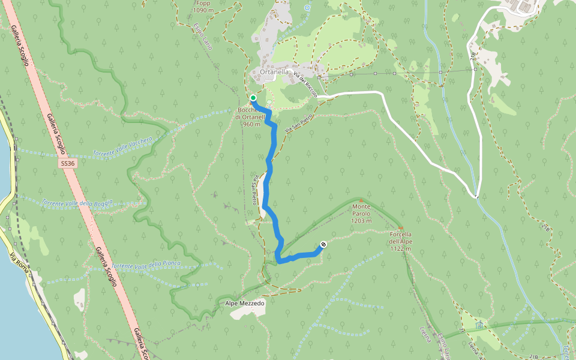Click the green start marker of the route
tap(253, 98)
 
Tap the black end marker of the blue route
tap(323, 244)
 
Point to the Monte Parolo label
tap(361, 214)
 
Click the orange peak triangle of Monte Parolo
tap(361, 200)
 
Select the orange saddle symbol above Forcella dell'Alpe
tap(400, 228)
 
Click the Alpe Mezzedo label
tap(245, 304)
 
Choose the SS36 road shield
tap(68, 163)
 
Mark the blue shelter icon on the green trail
tap(479, 325)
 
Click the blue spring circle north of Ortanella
tap(307, 8)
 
